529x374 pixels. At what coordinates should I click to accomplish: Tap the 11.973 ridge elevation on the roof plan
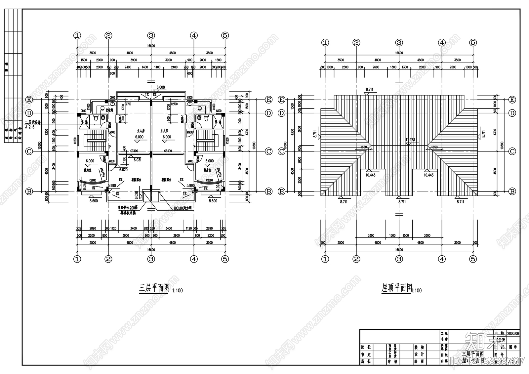410,140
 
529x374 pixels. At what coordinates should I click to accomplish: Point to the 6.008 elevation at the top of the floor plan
161,87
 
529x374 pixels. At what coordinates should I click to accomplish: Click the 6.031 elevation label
138,160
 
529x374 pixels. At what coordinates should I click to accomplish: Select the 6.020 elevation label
123,170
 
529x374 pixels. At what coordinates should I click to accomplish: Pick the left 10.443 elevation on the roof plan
370,175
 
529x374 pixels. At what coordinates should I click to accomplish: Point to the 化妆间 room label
110,109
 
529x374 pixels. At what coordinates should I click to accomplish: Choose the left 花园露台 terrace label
136,180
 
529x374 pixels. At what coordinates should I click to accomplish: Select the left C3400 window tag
134,151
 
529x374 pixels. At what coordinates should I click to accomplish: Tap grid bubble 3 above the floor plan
151,35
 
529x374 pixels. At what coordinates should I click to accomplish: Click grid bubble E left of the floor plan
29,100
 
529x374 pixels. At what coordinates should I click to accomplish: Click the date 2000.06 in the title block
513,334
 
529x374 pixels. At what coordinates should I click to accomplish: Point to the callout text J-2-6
30,127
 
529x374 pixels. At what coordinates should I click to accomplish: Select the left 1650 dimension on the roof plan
363,147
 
